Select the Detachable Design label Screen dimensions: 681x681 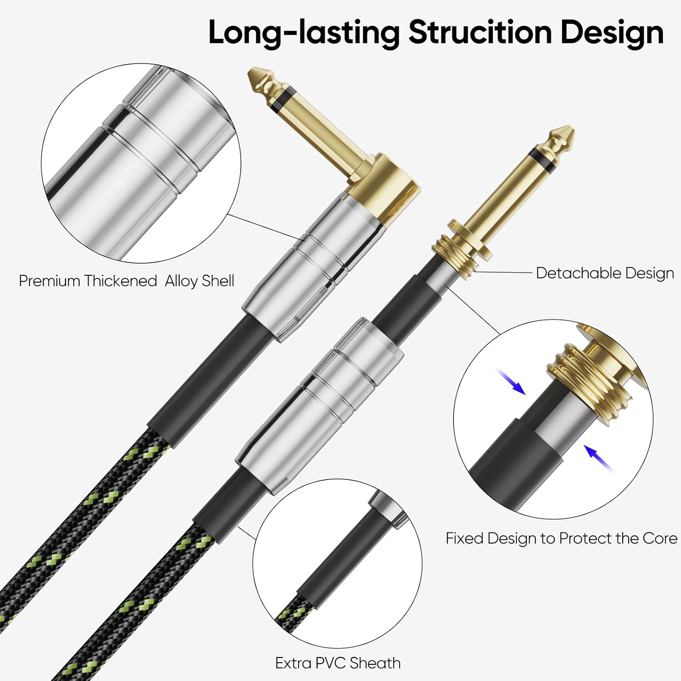(605, 273)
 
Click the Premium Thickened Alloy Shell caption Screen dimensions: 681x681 (127, 281)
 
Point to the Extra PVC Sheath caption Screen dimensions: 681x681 (338, 663)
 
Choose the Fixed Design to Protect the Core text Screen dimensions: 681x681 (561, 538)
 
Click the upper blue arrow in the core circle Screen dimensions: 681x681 (512, 381)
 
